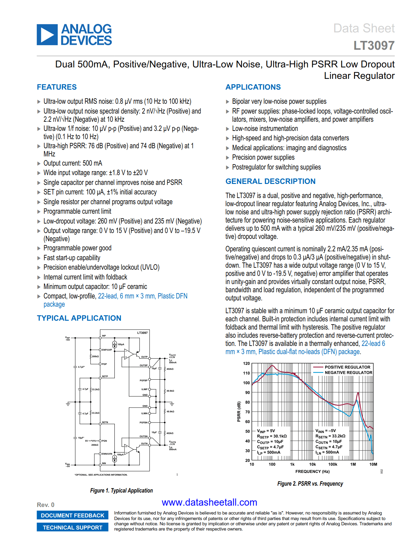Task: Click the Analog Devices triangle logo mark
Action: (x=47, y=35)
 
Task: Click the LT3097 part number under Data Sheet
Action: (x=374, y=45)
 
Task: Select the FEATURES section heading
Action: (x=57, y=87)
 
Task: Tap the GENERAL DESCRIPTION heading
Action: (x=270, y=181)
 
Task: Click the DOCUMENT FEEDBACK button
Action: (x=72, y=515)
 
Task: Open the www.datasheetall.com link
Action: (x=209, y=502)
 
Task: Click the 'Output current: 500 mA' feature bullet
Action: (x=72, y=163)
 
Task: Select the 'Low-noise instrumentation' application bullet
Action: (x=265, y=129)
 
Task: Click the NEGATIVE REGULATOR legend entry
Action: (x=348, y=372)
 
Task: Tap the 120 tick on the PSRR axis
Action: (x=247, y=364)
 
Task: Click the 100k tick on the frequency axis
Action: (x=332, y=464)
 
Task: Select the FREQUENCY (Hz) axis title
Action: (x=312, y=472)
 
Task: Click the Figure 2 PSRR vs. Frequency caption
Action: (x=310, y=484)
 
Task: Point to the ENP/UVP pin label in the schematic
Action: (x=107, y=350)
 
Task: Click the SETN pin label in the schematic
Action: (x=105, y=423)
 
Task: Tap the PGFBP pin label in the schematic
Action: (x=144, y=381)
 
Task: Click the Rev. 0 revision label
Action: (x=46, y=505)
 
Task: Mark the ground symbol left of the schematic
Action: (x=68, y=404)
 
